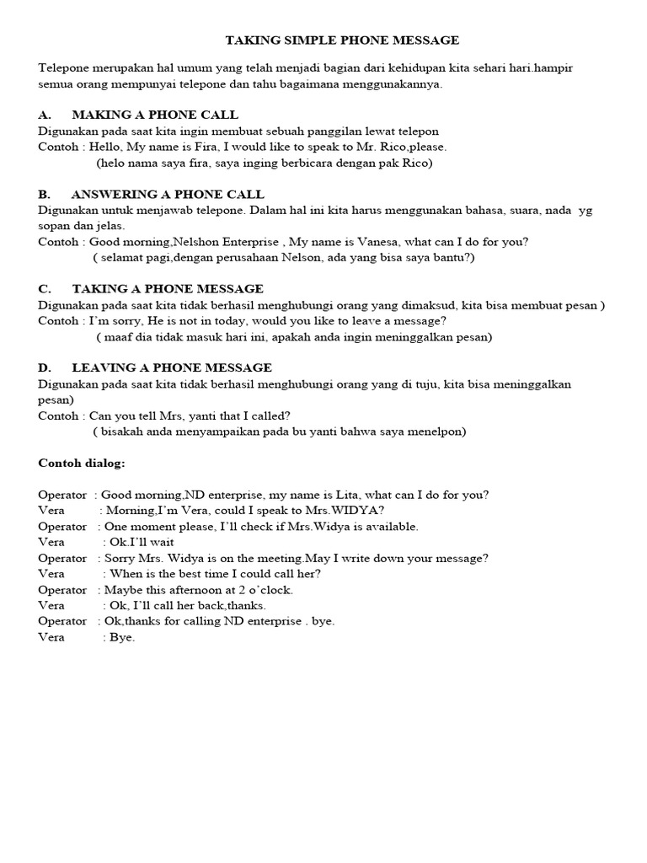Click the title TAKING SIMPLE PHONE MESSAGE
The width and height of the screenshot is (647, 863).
coord(342,40)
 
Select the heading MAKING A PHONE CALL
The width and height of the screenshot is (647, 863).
coord(155,115)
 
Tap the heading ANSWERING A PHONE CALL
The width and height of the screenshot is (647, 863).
coord(168,195)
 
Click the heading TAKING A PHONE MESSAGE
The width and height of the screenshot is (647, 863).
coord(168,289)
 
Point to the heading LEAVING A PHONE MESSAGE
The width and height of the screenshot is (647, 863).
coord(172,367)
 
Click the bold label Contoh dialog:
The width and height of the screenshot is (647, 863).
coord(82,463)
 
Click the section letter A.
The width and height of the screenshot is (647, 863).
coord(45,115)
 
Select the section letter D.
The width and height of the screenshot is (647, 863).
coord(45,367)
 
